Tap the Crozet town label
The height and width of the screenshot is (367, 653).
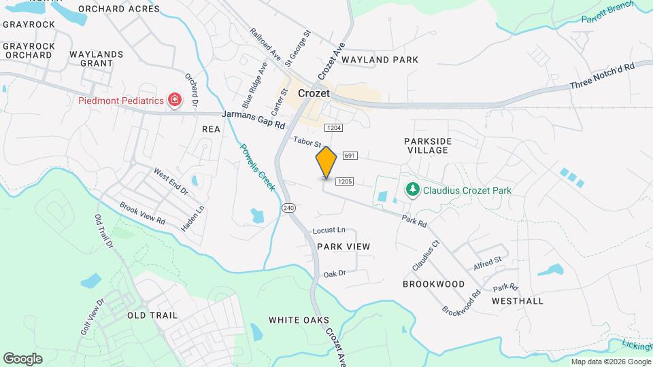point(314,93)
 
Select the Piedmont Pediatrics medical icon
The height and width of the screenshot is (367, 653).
point(175,101)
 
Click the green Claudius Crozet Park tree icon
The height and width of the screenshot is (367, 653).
point(411,190)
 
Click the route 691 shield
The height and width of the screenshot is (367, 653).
point(350,156)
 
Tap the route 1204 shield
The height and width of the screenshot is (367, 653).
point(333,128)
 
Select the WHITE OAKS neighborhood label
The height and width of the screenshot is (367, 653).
point(299,320)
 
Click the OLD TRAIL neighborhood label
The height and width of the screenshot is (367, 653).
point(152,315)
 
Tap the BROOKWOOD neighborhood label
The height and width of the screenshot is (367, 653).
point(433,284)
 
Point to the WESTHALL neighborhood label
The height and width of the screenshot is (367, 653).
point(518,300)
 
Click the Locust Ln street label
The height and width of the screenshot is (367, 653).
point(329,231)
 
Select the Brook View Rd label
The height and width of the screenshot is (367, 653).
point(142,213)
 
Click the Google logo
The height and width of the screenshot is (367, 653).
point(22,358)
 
